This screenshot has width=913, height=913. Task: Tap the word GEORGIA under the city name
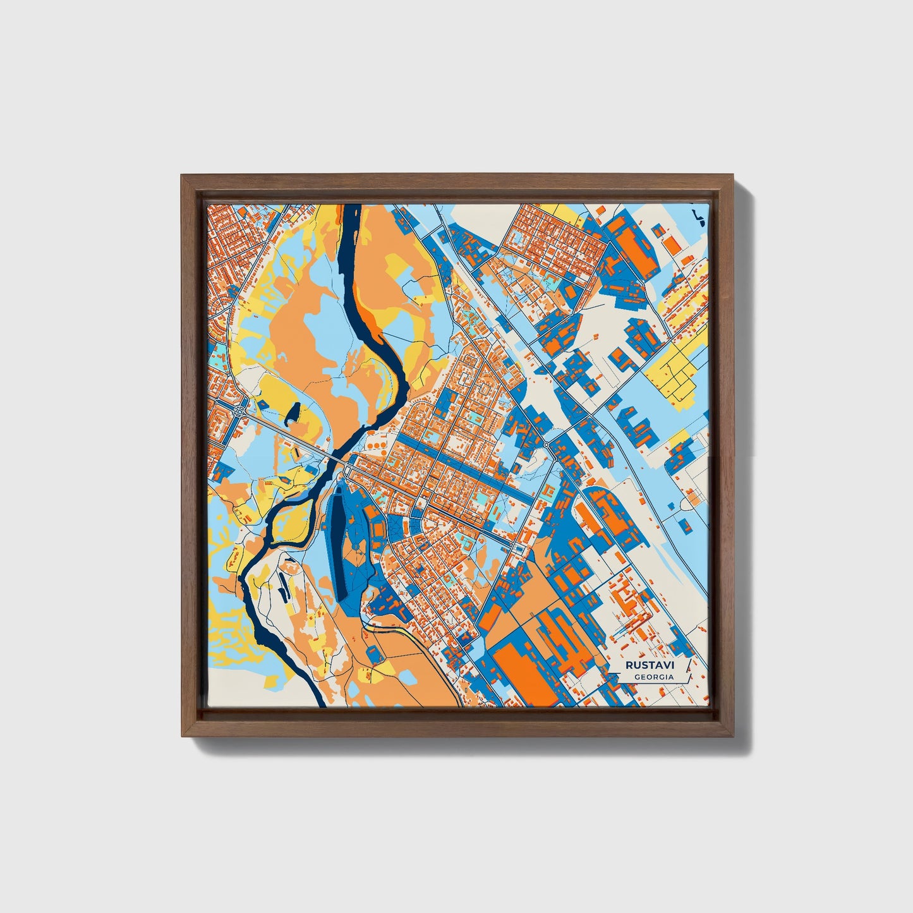(x=653, y=677)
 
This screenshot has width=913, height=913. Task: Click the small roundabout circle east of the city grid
(x=545, y=445)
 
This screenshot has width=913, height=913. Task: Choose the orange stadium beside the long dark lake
(x=378, y=528)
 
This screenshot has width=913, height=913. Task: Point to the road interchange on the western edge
(x=240, y=411)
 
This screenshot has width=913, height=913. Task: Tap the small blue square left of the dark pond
(x=261, y=404)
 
